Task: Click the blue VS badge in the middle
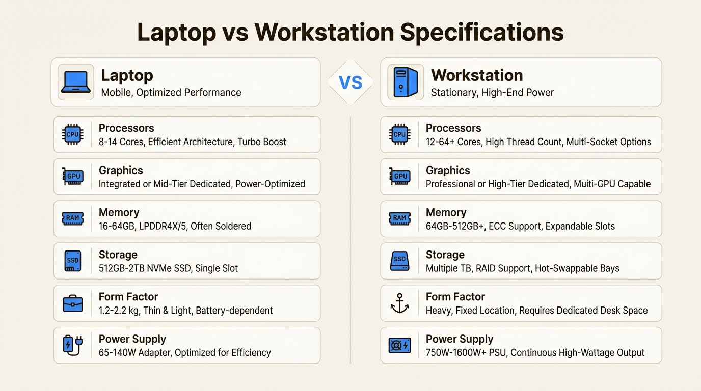coord(350,82)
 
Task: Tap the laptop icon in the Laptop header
coord(76,82)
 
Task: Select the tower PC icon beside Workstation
coord(406,82)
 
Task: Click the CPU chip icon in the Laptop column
coord(73,134)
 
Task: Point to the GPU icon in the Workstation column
coord(400,177)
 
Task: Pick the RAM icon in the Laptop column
coord(73,219)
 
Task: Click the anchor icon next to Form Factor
coord(400,303)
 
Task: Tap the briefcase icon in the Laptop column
coord(73,303)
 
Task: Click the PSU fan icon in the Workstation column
coord(400,345)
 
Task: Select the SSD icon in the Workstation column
coord(400,261)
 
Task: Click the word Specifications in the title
coord(481,33)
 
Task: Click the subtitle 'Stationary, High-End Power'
coord(492,93)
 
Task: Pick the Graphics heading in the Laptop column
coord(121,171)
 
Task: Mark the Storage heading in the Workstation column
coord(445,255)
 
